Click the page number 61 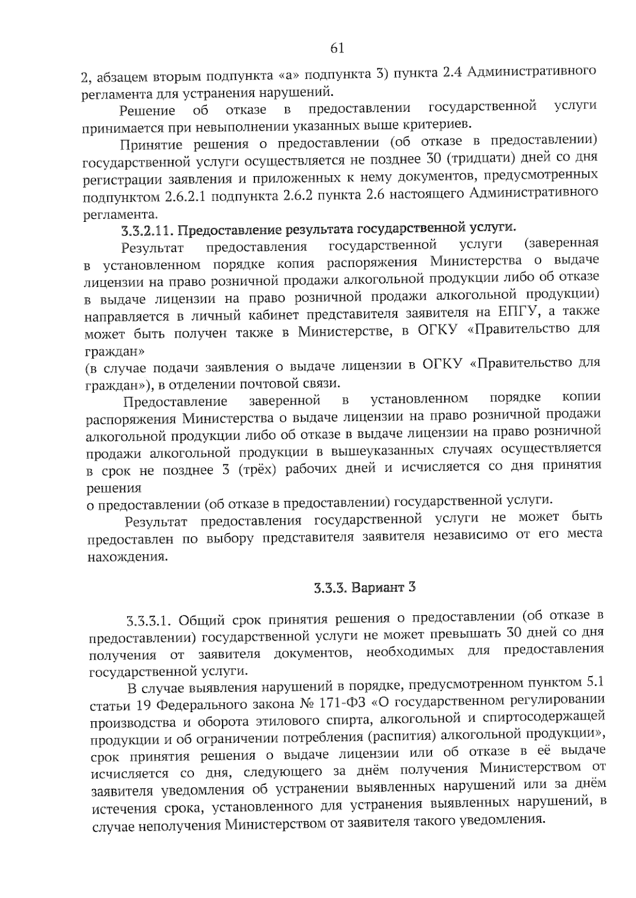pyautogui.click(x=337, y=49)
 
